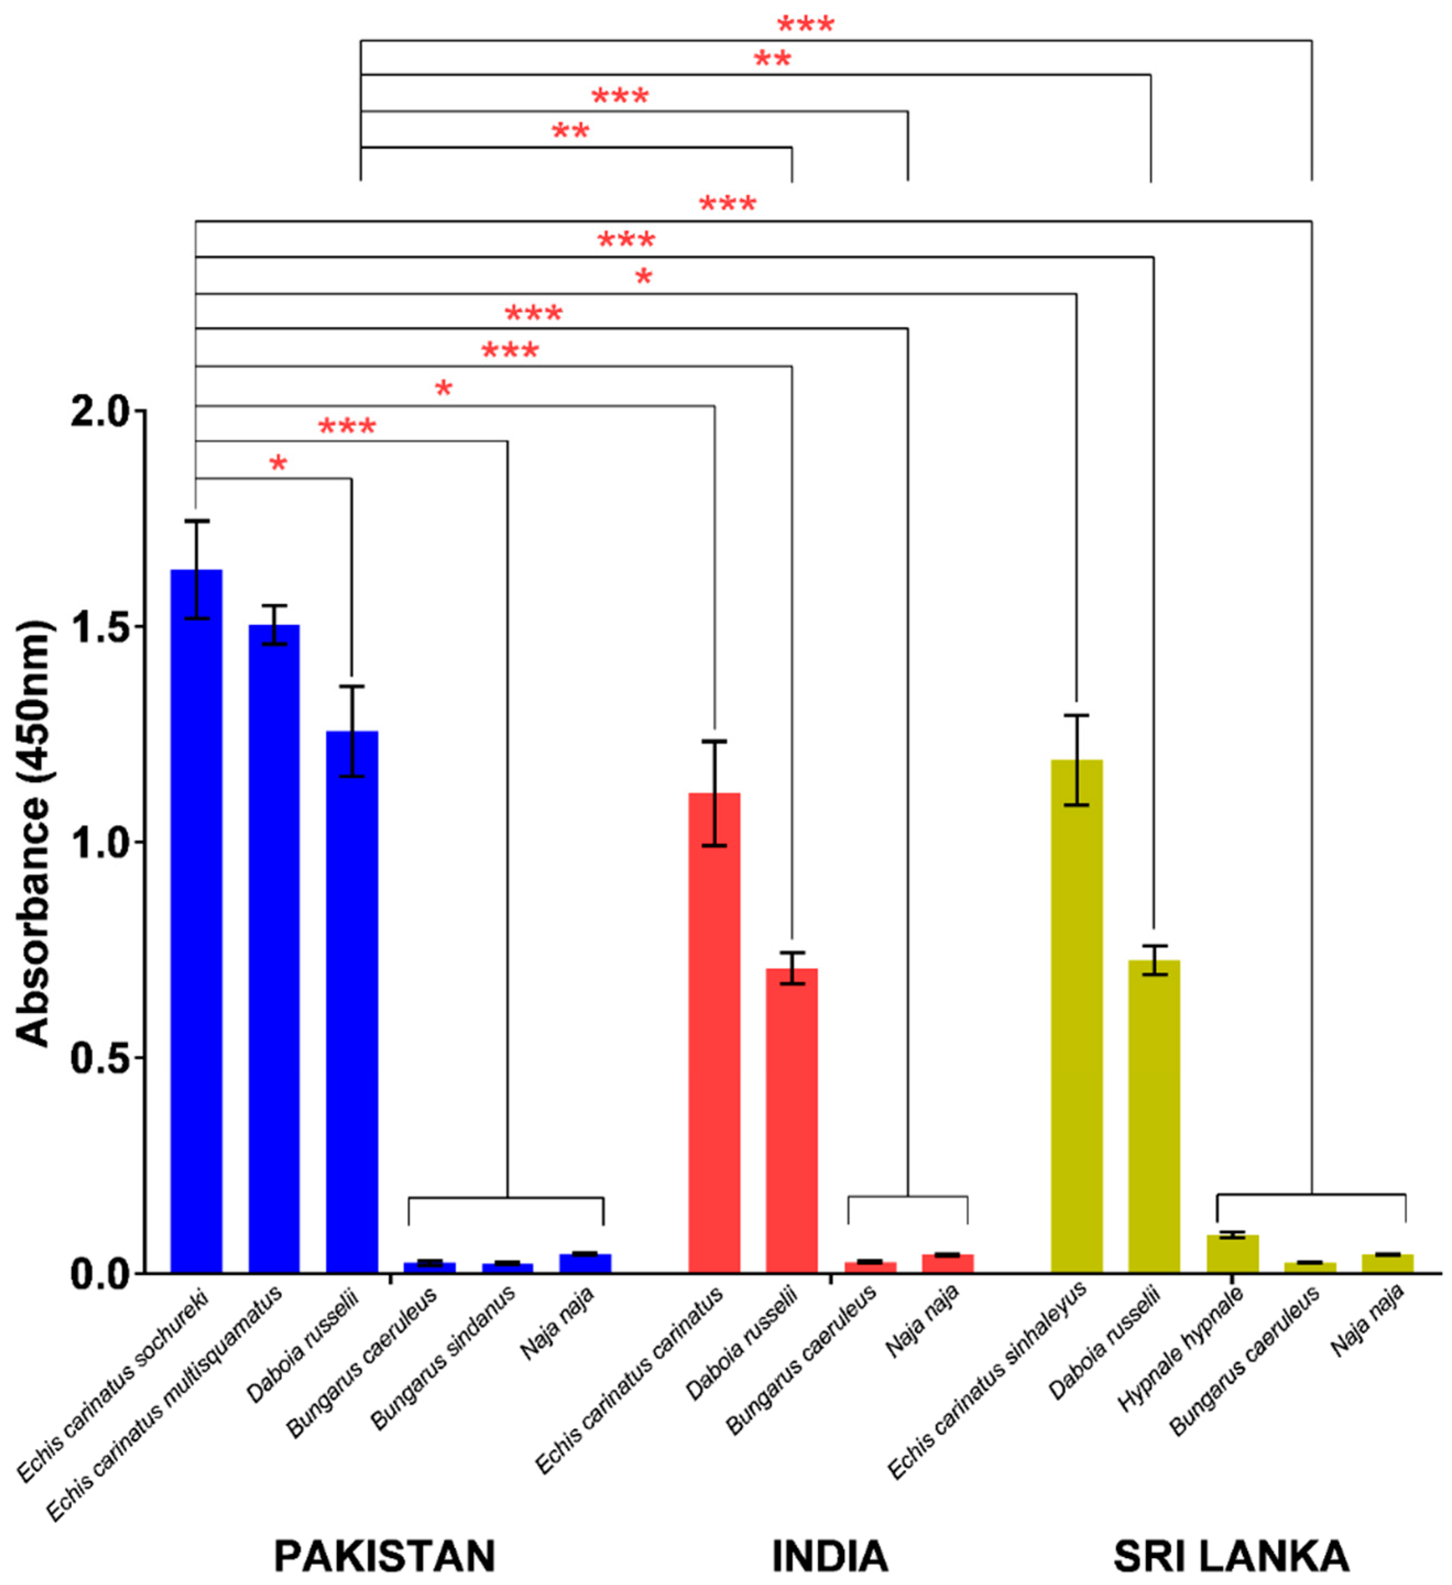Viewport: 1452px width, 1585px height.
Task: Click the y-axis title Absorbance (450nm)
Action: click(33, 833)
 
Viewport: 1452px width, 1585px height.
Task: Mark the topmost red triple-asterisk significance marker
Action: click(806, 25)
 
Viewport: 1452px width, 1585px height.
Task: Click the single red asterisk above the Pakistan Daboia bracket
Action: click(278, 464)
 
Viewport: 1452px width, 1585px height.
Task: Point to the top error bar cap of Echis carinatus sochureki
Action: click(196, 520)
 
